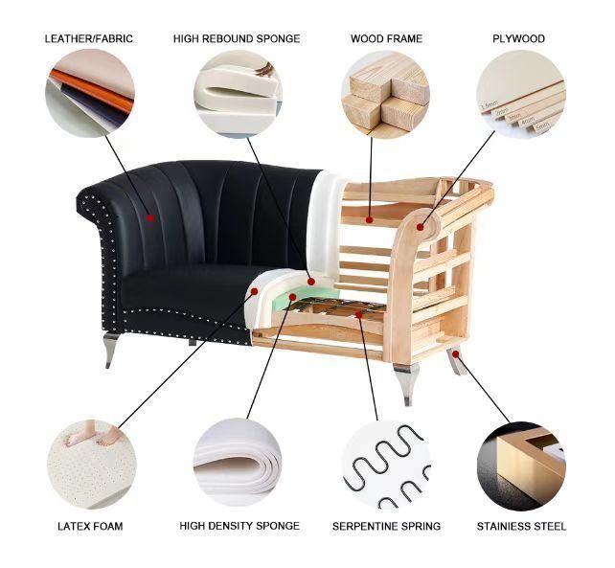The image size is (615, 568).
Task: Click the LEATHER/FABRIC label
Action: click(89, 39)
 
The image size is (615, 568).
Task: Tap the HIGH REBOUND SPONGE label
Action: click(237, 39)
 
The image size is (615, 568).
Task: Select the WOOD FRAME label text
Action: click(386, 39)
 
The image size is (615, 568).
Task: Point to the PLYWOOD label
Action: click(518, 39)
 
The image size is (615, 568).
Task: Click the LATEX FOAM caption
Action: click(90, 526)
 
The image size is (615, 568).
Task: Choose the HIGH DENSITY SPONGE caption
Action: click(239, 526)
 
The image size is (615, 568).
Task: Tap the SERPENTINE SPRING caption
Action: click(386, 526)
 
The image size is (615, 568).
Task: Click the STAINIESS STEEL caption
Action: click(521, 526)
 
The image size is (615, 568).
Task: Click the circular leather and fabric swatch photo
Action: click(90, 93)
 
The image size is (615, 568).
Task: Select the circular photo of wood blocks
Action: click(385, 94)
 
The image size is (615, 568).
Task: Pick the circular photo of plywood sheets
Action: click(521, 94)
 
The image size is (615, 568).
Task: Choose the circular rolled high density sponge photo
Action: click(238, 463)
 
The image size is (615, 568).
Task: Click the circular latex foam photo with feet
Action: click(91, 465)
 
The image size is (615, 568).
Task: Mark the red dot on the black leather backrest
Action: click(150, 218)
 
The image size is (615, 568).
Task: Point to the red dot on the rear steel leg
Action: click(455, 354)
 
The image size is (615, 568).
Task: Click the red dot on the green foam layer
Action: click(292, 297)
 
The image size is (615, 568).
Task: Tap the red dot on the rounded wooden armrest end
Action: click(421, 227)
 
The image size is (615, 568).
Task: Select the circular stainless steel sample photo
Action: click(522, 466)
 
